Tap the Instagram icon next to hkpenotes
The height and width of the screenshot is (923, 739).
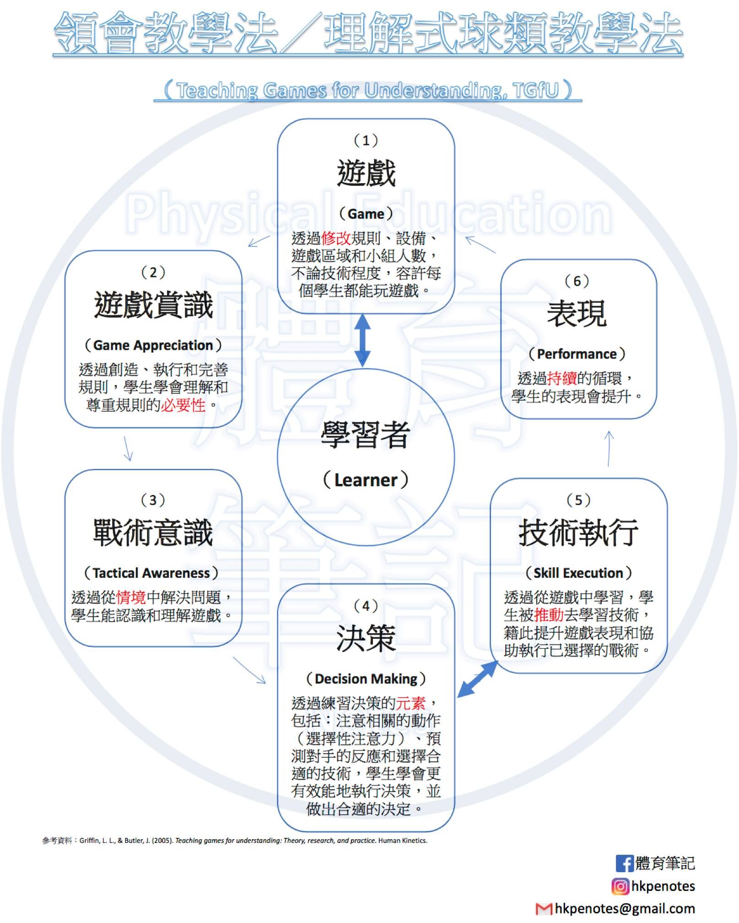click(620, 886)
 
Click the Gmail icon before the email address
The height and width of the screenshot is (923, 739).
click(544, 909)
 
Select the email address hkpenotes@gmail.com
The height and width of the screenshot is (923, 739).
click(625, 909)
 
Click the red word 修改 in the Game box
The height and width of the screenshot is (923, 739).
click(336, 239)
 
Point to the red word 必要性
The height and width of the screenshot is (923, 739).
click(183, 405)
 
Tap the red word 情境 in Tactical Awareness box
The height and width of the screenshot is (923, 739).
click(131, 597)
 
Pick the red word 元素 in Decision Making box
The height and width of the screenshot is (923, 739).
click(410, 703)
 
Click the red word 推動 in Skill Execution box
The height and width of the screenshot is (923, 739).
click(549, 614)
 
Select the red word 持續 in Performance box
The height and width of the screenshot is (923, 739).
click(562, 379)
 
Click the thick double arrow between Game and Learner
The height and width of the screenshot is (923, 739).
click(363, 340)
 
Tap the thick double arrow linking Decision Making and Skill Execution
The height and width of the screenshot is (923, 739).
click(477, 679)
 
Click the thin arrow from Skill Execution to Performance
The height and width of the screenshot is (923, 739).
click(609, 449)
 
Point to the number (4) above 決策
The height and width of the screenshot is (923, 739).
click(366, 606)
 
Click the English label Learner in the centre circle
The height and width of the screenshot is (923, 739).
click(366, 480)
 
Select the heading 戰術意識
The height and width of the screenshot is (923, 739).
click(153, 533)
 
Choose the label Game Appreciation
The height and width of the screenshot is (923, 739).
click(153, 345)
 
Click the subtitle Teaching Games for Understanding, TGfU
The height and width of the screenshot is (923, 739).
click(367, 90)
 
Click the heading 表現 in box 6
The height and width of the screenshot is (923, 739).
click(577, 314)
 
